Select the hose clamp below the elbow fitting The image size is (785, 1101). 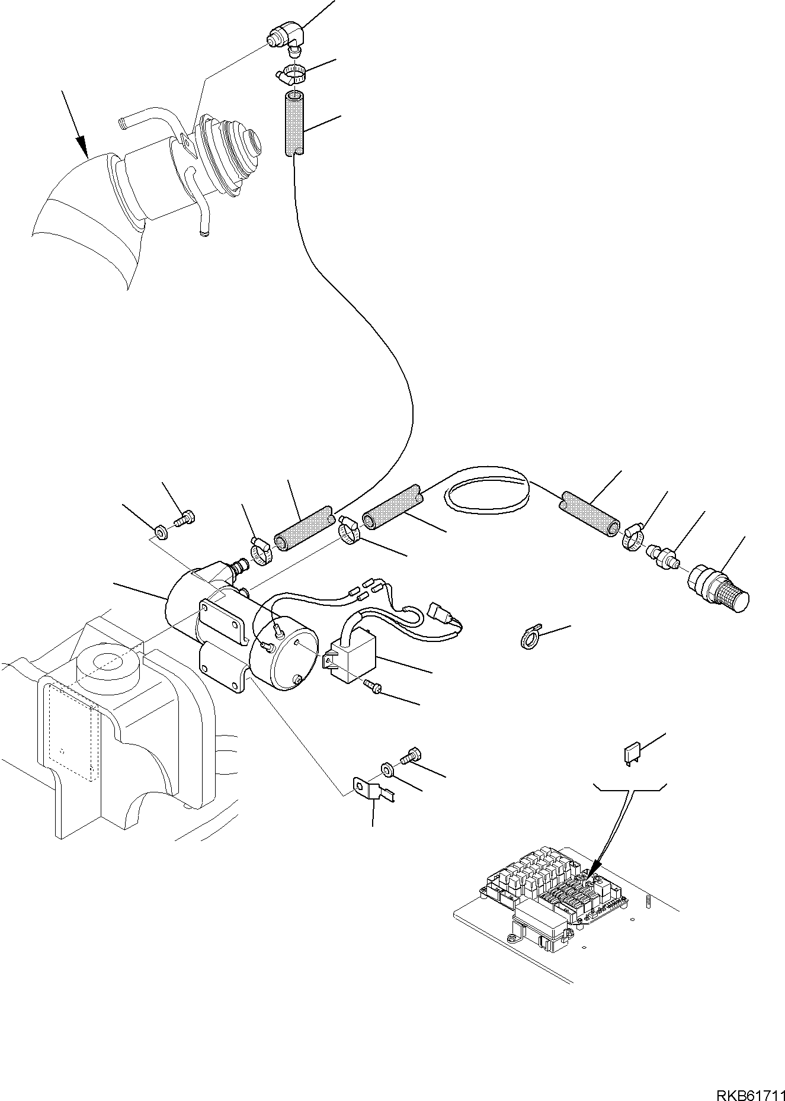[x=290, y=74]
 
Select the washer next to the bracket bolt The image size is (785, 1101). [x=387, y=770]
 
